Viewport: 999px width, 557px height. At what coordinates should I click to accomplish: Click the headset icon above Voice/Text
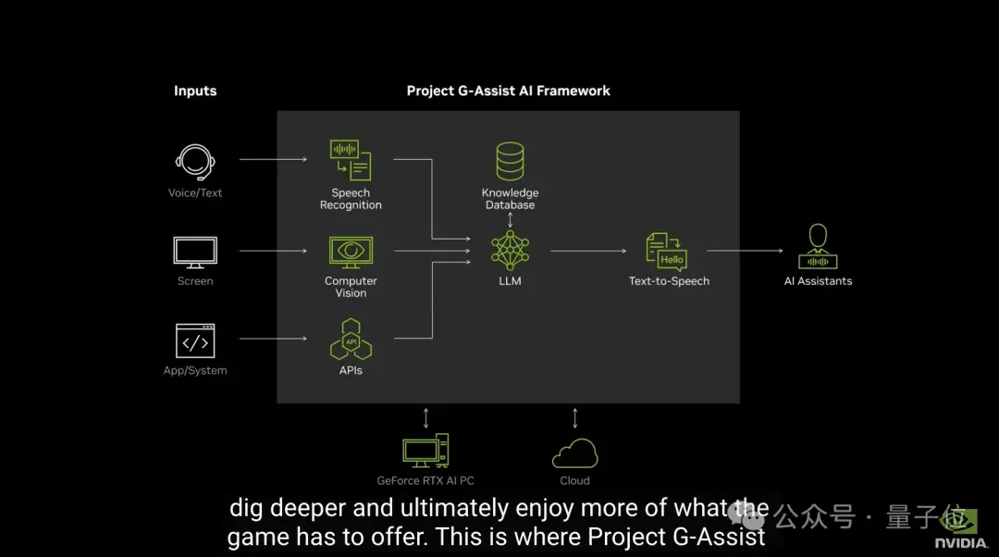click(x=195, y=163)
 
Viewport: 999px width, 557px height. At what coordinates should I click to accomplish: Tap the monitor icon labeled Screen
click(x=195, y=252)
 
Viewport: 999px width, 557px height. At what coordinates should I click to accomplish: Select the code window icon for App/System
click(x=195, y=340)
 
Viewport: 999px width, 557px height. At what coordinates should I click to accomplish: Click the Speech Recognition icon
click(x=351, y=160)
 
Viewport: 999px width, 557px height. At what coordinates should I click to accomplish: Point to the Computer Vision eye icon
click(x=351, y=252)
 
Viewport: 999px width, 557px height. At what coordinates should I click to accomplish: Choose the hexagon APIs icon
click(x=351, y=340)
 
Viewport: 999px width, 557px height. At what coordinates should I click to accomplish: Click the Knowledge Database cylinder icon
click(x=510, y=161)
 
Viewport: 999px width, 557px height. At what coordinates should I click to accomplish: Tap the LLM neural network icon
click(x=510, y=251)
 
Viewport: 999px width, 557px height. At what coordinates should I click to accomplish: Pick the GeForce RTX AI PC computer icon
click(x=425, y=451)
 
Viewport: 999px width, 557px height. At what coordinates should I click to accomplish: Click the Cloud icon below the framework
click(x=574, y=453)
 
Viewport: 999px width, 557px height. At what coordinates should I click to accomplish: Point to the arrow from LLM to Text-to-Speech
click(x=590, y=250)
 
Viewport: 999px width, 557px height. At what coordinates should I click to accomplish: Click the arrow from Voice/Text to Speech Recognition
click(x=273, y=159)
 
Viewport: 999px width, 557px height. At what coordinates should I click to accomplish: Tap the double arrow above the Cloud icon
click(x=574, y=417)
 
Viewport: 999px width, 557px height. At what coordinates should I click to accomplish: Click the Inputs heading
click(x=195, y=91)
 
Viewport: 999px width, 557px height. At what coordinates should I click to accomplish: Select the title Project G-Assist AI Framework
click(x=509, y=91)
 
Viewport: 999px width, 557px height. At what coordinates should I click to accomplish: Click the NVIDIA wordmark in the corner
click(x=960, y=543)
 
